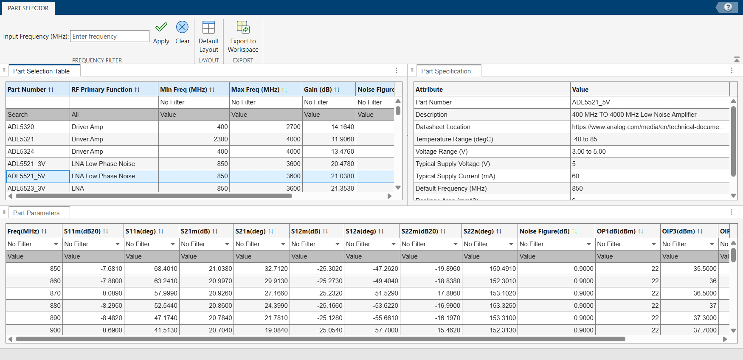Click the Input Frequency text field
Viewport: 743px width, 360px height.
[x=110, y=36]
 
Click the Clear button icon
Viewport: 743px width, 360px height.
[x=182, y=27]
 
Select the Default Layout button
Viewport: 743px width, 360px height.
[x=208, y=37]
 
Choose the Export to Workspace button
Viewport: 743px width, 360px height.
[x=243, y=37]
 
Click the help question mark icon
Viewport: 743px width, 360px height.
[x=728, y=7]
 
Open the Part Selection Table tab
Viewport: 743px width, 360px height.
[x=41, y=71]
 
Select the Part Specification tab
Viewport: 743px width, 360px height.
[x=446, y=71]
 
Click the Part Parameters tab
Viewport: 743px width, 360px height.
[x=36, y=213]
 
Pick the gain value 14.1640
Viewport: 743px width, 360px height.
[x=342, y=127]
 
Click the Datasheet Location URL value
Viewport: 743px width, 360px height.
[x=648, y=127]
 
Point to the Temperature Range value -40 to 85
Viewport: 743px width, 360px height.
[x=585, y=139]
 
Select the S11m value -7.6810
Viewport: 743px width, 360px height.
[x=111, y=269]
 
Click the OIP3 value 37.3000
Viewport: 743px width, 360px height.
[x=705, y=318]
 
